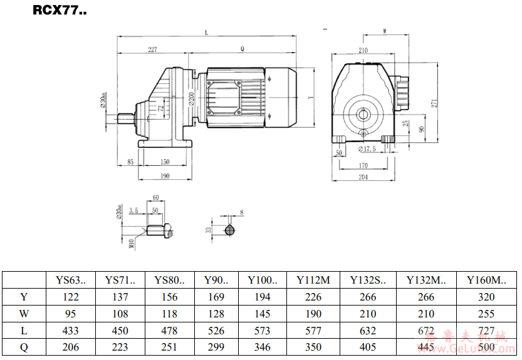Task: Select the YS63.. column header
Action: (x=71, y=280)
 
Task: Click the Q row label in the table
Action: (x=24, y=346)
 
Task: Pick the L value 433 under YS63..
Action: (x=71, y=330)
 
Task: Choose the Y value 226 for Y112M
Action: (x=313, y=297)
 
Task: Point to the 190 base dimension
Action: (x=164, y=176)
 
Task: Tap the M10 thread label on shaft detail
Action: (x=132, y=244)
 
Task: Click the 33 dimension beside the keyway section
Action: (x=208, y=230)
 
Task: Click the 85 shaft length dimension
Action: (x=130, y=162)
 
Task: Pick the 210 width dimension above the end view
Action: (x=363, y=49)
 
